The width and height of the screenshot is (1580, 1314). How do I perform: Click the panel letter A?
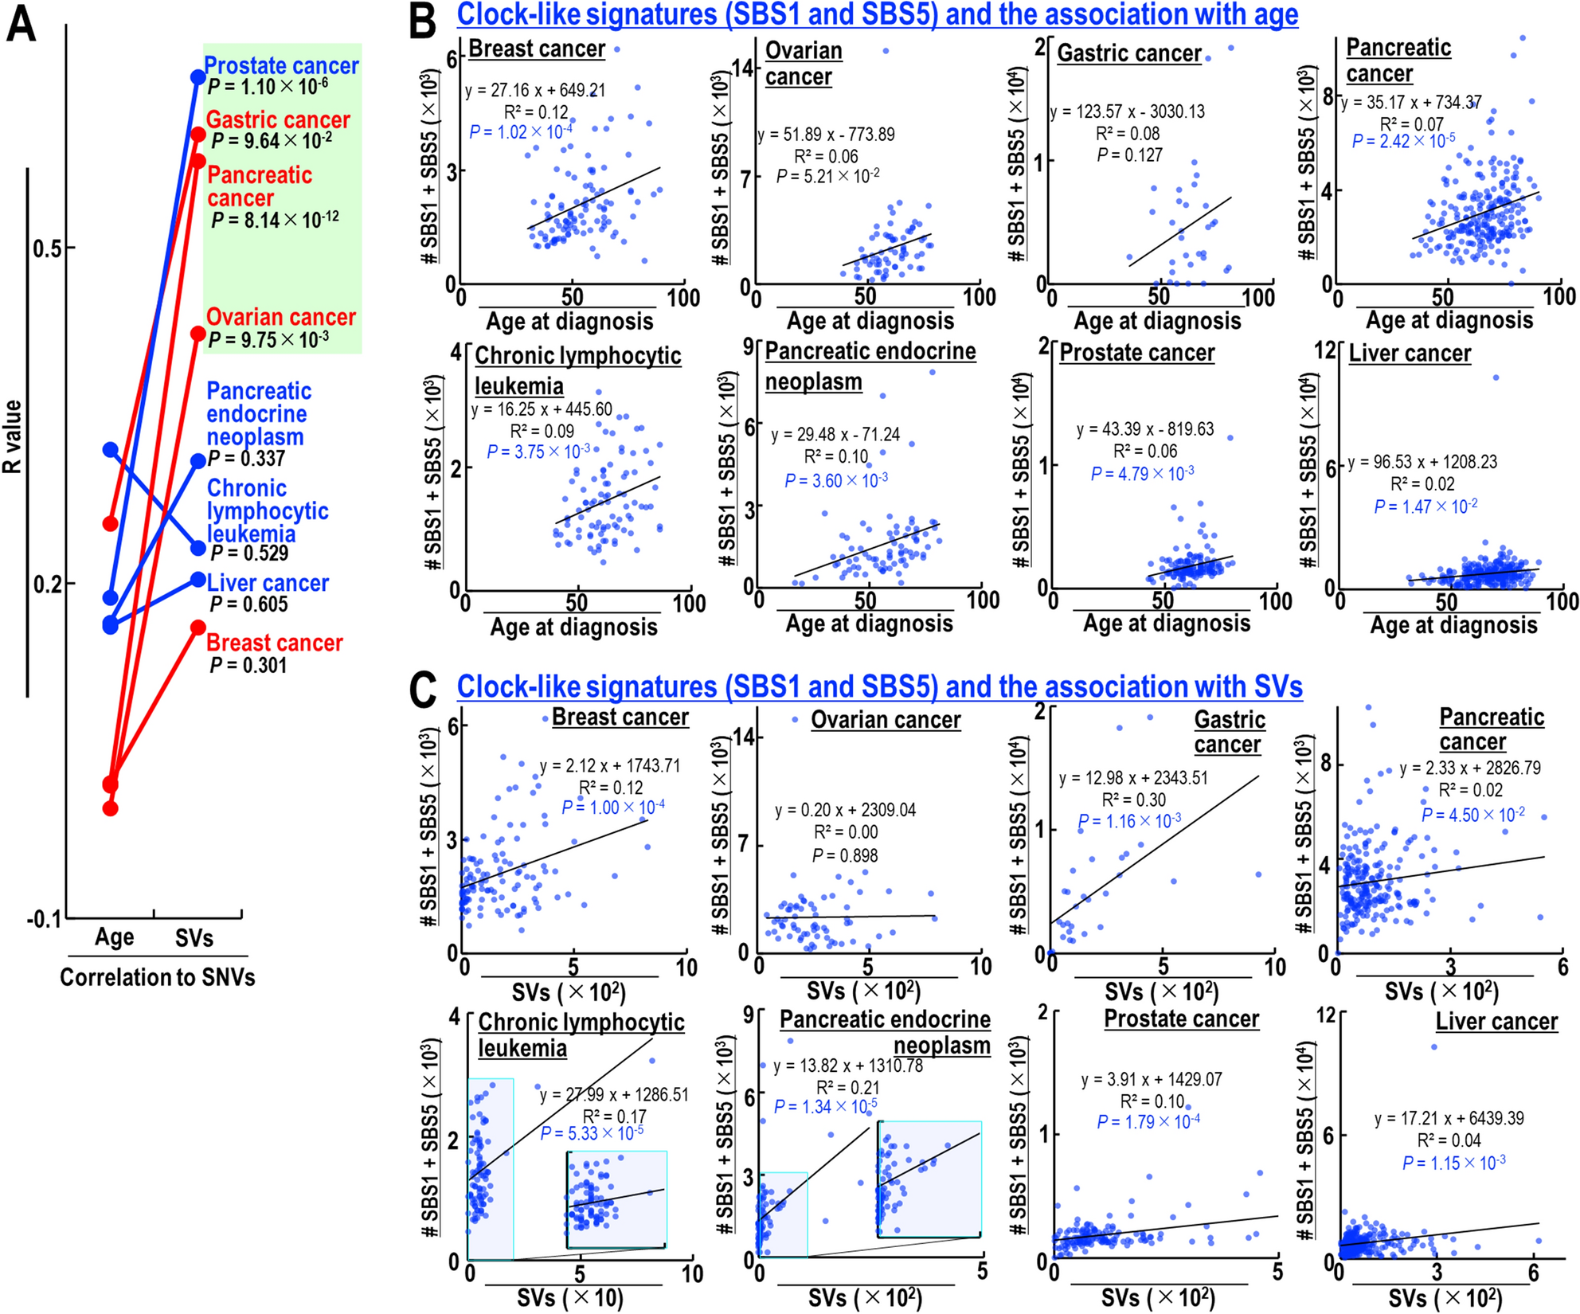click(x=22, y=24)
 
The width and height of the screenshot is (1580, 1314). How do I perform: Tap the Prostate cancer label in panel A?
click(x=281, y=65)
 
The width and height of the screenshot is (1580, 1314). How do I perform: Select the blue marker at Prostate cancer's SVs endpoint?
click(x=197, y=77)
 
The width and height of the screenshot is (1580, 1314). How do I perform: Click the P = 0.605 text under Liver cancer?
click(x=248, y=604)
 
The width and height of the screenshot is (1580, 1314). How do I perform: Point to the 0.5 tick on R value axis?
click(x=47, y=248)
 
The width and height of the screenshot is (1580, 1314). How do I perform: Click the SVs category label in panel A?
click(x=194, y=938)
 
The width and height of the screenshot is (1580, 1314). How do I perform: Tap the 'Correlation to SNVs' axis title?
click(x=157, y=977)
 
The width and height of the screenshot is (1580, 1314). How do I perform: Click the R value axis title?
click(x=13, y=437)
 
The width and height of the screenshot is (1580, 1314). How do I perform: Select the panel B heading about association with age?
click(x=877, y=14)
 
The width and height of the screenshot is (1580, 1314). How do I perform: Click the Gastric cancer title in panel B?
click(x=1128, y=53)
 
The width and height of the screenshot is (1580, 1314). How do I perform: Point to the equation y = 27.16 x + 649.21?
click(x=535, y=90)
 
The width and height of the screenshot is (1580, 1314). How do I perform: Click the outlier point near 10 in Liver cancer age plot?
click(x=1496, y=377)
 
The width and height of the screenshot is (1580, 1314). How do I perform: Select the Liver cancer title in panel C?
click(x=1496, y=1022)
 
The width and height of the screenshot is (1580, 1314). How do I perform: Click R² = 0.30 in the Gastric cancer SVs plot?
click(x=1133, y=800)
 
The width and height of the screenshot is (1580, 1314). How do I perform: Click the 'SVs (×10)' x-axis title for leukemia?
click(x=570, y=1298)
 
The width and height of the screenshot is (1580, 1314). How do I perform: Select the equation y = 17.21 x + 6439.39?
click(x=1449, y=1118)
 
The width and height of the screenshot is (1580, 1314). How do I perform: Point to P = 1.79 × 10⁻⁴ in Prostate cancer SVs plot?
click(x=1148, y=1122)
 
